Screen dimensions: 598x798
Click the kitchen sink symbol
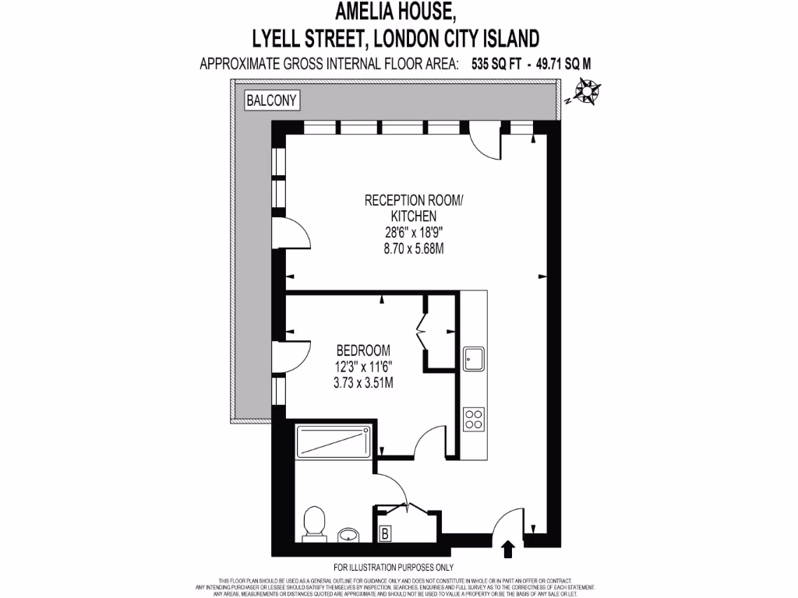474,359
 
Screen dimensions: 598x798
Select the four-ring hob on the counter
474,419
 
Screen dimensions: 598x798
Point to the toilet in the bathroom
314,521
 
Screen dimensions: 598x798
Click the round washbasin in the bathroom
350,535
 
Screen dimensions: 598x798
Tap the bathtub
333,443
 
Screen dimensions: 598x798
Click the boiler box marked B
384,534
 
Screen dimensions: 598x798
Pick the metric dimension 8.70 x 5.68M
413,248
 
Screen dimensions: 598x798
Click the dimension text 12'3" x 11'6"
363,366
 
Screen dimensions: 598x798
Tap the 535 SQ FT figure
496,65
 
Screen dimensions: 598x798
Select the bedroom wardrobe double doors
425,332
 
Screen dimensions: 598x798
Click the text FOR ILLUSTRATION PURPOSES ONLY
394,567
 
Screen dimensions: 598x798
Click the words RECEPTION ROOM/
413,200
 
